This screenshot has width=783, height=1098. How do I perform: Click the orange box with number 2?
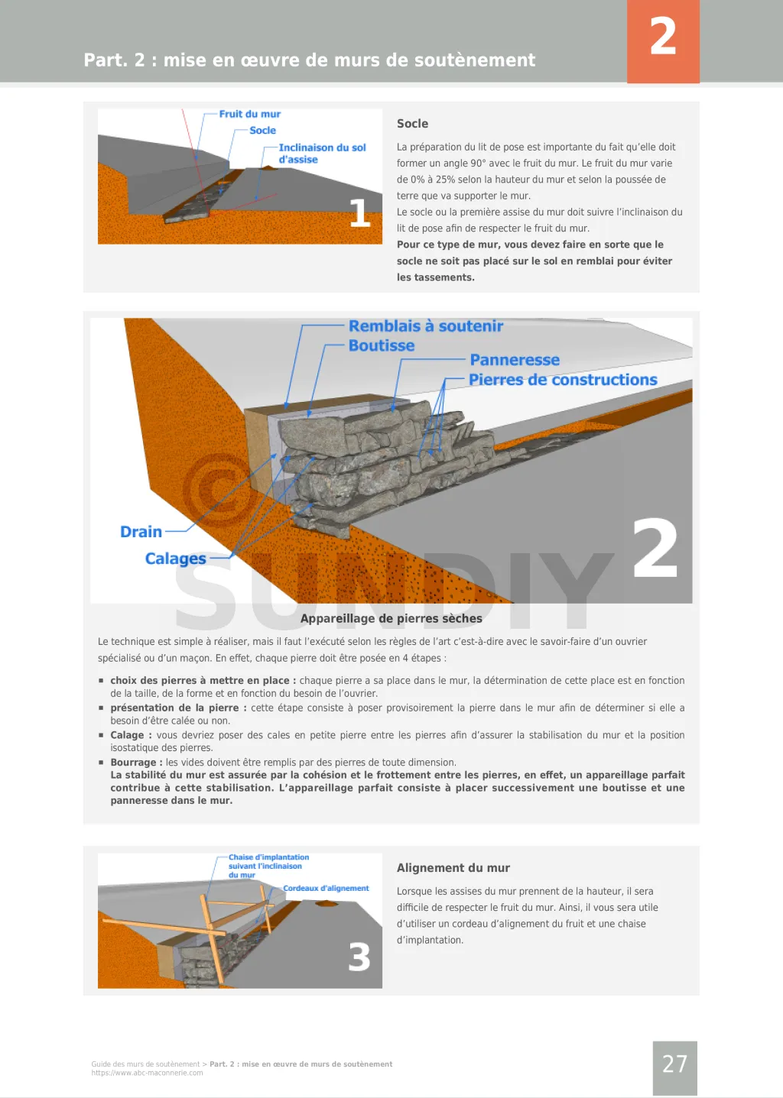click(663, 40)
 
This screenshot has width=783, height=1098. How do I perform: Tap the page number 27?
click(674, 1064)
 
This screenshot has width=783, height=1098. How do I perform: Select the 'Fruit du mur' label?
click(249, 114)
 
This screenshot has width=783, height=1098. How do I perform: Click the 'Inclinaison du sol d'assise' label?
click(322, 154)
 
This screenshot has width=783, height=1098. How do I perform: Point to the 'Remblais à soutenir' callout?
click(426, 326)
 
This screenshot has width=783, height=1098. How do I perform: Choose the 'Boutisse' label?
click(382, 345)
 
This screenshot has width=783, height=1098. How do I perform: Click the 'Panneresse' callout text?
click(515, 360)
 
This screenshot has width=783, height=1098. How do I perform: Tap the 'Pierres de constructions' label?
click(563, 380)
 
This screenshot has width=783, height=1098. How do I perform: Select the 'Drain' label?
click(141, 532)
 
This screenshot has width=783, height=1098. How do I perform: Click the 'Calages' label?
click(175, 559)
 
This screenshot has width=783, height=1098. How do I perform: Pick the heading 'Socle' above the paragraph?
click(412, 124)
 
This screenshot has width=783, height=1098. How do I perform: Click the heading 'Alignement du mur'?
click(453, 868)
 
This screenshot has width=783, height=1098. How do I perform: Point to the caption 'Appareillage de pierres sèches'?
click(391, 618)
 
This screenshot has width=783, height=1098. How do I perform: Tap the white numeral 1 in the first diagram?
click(359, 213)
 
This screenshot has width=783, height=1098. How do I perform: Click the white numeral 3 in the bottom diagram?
click(359, 957)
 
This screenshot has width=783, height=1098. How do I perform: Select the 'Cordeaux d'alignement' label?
click(326, 889)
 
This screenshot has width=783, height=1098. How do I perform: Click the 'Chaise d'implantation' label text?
click(268, 858)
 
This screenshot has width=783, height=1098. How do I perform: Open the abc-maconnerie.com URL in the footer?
click(147, 1073)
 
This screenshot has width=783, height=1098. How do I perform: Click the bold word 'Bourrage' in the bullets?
click(133, 763)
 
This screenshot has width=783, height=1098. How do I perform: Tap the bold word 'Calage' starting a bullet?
click(127, 735)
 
